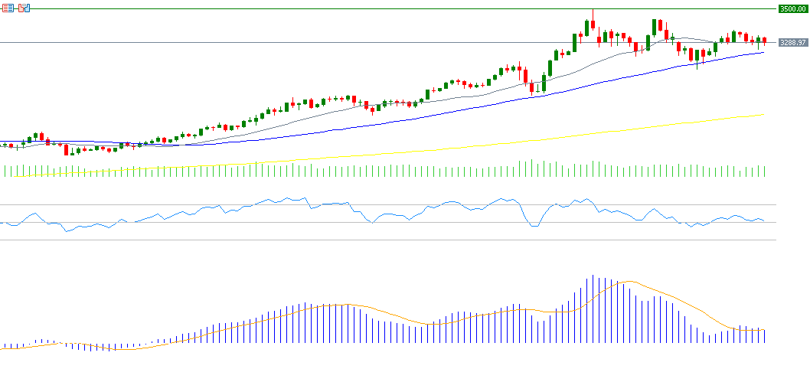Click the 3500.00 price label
(792, 9)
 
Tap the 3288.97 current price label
(792, 43)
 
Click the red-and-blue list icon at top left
(7, 7)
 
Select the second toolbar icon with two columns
(24, 7)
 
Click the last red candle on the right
(764, 41)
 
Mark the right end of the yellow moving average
(764, 115)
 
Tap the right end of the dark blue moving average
(764, 52)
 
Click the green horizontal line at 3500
(383, 9)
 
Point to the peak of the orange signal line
(629, 282)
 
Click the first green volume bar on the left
(4, 171)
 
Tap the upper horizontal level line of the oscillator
(383, 205)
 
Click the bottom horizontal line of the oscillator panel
(383, 240)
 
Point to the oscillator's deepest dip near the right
(534, 227)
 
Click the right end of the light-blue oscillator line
(764, 221)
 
